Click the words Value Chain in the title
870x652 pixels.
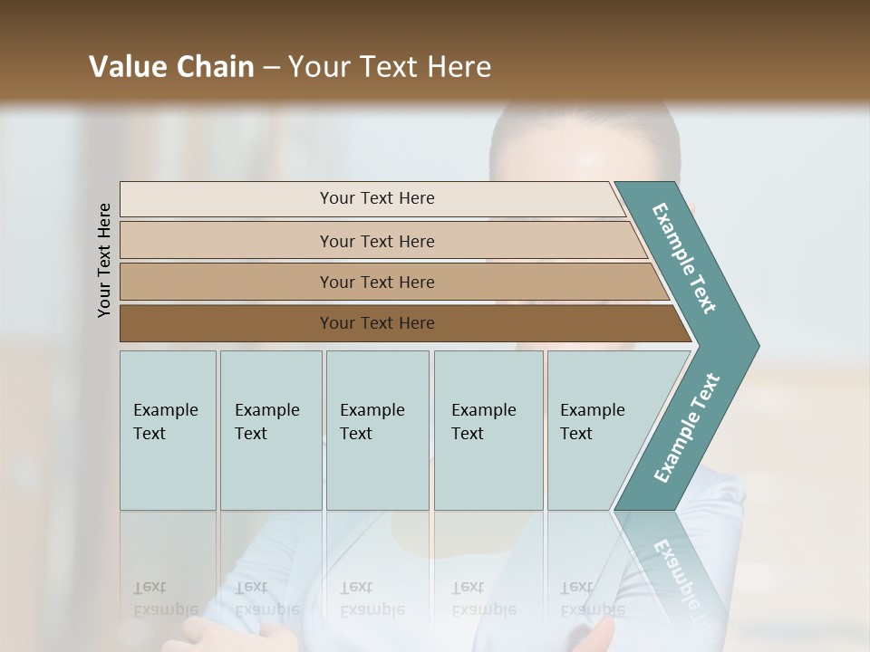coord(171,67)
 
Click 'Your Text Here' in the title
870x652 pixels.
coord(390,67)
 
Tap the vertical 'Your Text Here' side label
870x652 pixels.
coord(104,260)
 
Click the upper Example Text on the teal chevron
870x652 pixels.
coord(684,259)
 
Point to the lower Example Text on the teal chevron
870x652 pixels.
coord(687,427)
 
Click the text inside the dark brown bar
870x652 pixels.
coord(377,323)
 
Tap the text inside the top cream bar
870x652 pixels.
coord(377,198)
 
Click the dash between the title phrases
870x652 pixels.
coord(271,67)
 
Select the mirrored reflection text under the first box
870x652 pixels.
coord(165,599)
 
